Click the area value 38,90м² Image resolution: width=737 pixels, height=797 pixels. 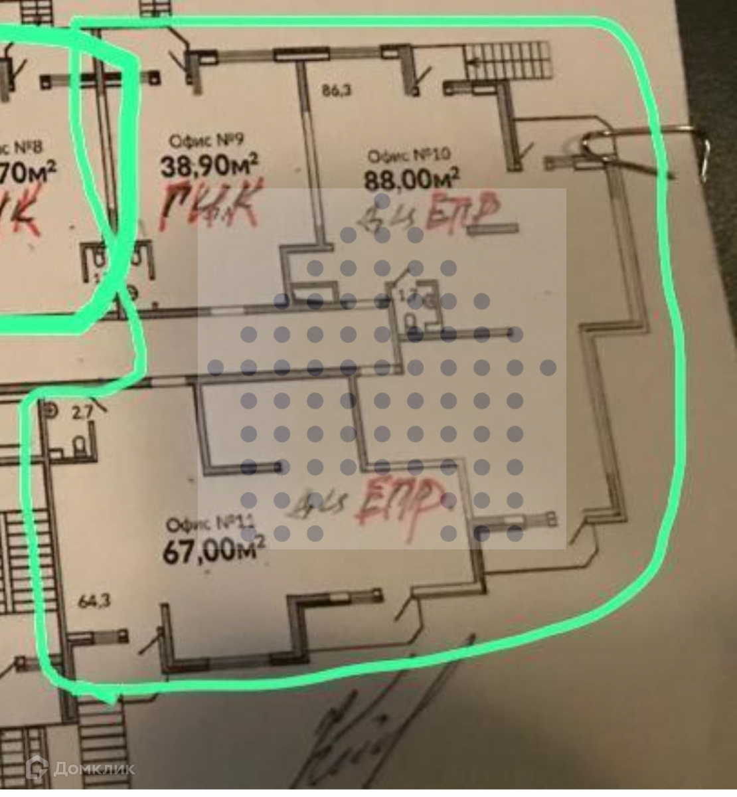[209, 164]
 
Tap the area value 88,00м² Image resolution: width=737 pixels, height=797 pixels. [412, 179]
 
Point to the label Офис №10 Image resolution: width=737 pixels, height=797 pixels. [409, 156]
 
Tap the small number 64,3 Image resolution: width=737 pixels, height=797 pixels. [94, 602]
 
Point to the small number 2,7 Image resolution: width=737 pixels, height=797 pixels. [82, 413]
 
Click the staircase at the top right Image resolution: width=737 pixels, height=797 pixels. [508, 60]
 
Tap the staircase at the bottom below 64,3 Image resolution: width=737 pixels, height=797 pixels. [100, 731]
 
